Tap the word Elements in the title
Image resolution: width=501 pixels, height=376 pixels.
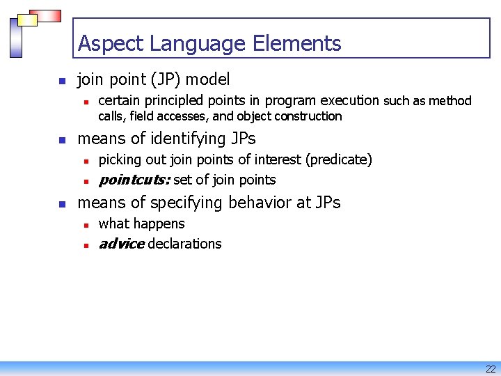tap(297, 44)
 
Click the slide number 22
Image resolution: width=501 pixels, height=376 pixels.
tap(491, 369)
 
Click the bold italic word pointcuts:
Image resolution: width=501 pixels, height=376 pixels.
tap(134, 180)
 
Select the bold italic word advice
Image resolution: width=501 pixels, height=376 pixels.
tap(121, 244)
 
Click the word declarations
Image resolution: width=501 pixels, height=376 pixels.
tap(184, 244)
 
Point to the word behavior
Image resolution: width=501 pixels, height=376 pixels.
tap(260, 203)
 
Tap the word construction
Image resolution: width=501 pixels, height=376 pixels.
tap(308, 116)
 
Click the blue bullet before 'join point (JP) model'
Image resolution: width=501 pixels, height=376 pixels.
tap(61, 81)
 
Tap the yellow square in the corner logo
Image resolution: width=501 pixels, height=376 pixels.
tap(27, 20)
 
